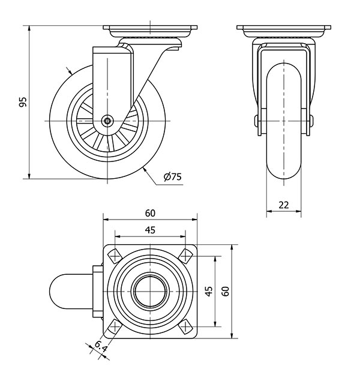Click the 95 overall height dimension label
[23, 102]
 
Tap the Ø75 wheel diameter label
[172, 176]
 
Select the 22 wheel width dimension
[284, 205]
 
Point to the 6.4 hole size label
[101, 347]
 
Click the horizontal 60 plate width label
[150, 213]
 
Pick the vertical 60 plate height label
[226, 292]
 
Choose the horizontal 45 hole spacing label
[150, 230]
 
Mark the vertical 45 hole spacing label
[209, 292]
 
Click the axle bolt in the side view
[107, 121]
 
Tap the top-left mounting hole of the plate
[115, 256]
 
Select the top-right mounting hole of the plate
[185, 256]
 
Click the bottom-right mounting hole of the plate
[185, 326]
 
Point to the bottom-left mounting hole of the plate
[115, 326]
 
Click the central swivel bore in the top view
[151, 292]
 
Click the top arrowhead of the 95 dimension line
[29, 28]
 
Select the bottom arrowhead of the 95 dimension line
[29, 176]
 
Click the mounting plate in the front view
[284, 31]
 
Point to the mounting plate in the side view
[151, 31]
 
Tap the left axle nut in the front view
[256, 121]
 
